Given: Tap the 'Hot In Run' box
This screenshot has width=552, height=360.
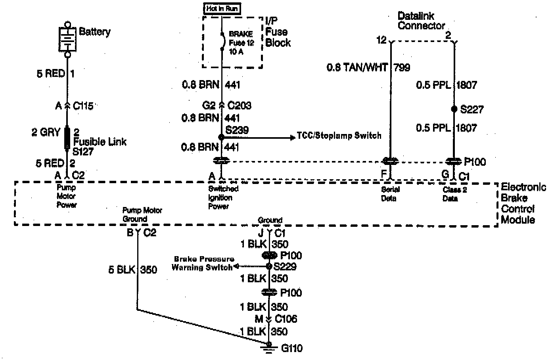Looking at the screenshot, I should (x=222, y=8).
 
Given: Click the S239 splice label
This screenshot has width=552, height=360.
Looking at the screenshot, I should (x=237, y=130).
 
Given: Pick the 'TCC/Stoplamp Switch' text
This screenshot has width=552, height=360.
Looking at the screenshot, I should (x=339, y=136).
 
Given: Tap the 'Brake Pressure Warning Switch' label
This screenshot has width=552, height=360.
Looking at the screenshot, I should (x=203, y=263).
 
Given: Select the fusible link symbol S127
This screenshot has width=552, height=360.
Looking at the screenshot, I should (x=67, y=138).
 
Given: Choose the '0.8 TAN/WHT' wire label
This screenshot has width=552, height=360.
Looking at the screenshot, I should (x=357, y=67).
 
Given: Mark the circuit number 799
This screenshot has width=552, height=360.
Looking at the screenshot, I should (x=402, y=67).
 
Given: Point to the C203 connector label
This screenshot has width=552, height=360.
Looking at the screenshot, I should (x=240, y=106).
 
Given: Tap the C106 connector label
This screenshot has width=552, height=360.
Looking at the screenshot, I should (x=286, y=319).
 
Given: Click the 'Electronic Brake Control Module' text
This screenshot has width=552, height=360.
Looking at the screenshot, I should (x=523, y=203).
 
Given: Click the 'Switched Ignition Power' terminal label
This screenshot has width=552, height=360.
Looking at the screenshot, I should (x=223, y=197).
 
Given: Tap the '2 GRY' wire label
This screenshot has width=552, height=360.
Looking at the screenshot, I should (x=46, y=132).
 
